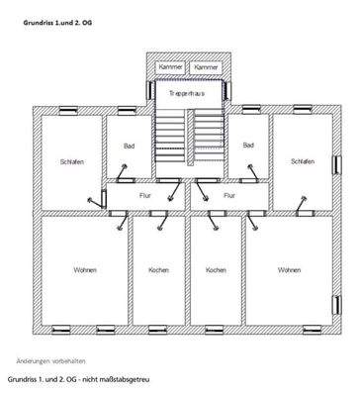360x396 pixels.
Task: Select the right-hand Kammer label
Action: pyautogui.click(x=205, y=66)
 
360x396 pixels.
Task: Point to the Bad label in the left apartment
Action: pyautogui.click(x=129, y=146)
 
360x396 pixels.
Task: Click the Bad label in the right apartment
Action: pyautogui.click(x=247, y=146)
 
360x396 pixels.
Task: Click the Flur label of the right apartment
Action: pyautogui.click(x=228, y=196)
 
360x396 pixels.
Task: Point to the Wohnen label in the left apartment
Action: pyautogui.click(x=85, y=270)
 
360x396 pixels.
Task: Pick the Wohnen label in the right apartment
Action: pyautogui.click(x=289, y=270)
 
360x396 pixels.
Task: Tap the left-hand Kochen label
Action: pyautogui.click(x=158, y=270)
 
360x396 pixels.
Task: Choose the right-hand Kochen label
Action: pyautogui.click(x=216, y=270)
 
